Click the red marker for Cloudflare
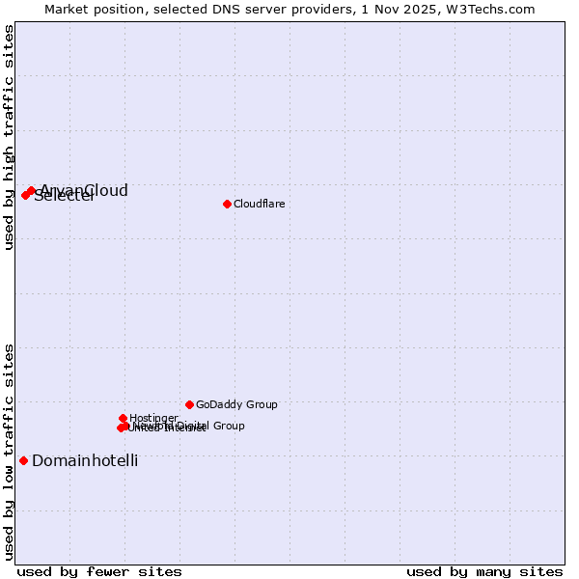click(x=227, y=204)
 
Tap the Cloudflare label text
click(x=259, y=204)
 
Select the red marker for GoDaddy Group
click(x=189, y=404)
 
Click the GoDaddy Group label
click(x=236, y=404)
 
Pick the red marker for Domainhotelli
click(x=23, y=460)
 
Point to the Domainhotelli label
click(x=85, y=460)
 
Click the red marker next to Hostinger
click(x=123, y=418)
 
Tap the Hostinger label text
click(x=153, y=418)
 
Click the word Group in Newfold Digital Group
click(x=228, y=426)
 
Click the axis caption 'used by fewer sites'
click(x=99, y=571)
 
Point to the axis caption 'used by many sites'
click(x=484, y=571)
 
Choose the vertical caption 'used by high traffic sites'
click(x=9, y=137)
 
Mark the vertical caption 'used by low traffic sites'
click(x=9, y=452)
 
